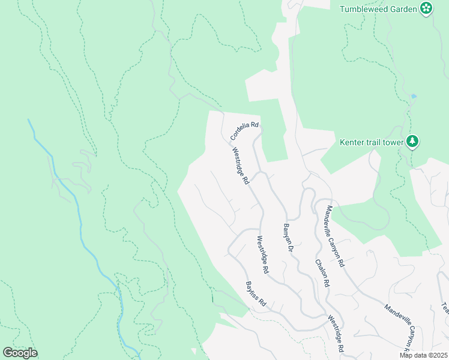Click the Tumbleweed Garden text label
point(378,8)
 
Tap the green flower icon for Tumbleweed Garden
point(426,8)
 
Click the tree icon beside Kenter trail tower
point(412,142)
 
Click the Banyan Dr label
point(287,238)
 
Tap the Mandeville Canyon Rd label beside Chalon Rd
point(335,236)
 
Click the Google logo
point(20,352)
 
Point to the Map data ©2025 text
point(423,355)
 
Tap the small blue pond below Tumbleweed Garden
point(413,96)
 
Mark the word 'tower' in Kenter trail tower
point(394,142)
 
